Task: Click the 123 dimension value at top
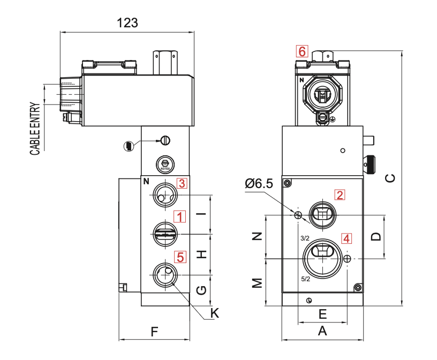click(127, 23)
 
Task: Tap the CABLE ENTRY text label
click(35, 129)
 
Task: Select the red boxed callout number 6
click(302, 51)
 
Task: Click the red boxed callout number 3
click(182, 183)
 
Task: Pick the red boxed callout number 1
click(180, 216)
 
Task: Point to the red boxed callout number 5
click(180, 257)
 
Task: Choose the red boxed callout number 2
click(340, 194)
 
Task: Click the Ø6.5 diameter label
click(259, 184)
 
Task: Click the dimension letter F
click(154, 332)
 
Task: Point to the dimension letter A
click(322, 331)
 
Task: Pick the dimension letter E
click(322, 313)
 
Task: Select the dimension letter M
click(258, 282)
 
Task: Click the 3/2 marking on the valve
click(305, 238)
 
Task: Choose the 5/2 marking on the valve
click(305, 279)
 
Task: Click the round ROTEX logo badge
click(165, 164)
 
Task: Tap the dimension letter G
click(201, 290)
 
